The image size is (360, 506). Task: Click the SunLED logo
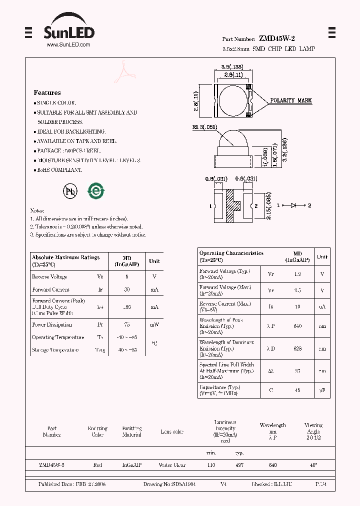pos(68,31)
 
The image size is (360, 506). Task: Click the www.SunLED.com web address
pos(68,44)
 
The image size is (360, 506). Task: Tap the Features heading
pos(47,92)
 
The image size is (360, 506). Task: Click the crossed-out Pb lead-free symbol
pos(69,191)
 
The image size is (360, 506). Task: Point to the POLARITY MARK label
pos(290,100)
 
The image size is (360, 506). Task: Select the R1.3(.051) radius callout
pos(204,127)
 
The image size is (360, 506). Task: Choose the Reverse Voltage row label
pos(49,276)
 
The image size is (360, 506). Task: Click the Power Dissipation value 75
pos(127,324)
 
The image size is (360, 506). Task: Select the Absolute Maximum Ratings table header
pos(65,260)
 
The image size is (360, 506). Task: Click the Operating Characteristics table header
pos(231,256)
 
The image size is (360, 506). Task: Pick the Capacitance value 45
pos(297,390)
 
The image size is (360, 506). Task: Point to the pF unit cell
pos(322,390)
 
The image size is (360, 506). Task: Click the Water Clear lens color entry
pos(172,465)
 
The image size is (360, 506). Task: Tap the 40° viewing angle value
pos(313,465)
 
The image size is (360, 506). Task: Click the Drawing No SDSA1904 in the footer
pos(169,484)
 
